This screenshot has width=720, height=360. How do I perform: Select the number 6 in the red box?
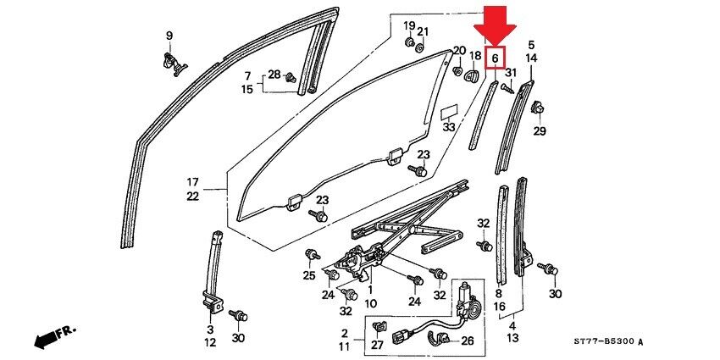[494, 57]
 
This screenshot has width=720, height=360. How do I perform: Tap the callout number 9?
[169, 36]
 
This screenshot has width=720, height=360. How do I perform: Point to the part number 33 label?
[449, 128]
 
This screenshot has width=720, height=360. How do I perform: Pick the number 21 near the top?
[423, 32]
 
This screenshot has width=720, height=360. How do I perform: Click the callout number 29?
[540, 131]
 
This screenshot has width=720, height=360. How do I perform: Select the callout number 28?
[274, 75]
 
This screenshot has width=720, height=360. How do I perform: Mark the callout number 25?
[309, 275]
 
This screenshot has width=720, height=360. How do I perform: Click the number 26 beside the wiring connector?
[466, 341]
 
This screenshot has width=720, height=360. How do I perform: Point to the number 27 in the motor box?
[378, 345]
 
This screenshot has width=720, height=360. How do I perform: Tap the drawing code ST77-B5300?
[601, 341]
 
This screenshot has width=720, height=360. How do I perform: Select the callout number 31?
[509, 74]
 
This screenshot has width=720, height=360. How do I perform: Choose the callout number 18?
[475, 56]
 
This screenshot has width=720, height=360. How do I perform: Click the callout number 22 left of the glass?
[192, 196]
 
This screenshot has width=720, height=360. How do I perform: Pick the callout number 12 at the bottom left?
[209, 342]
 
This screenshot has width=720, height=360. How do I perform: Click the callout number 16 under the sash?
[499, 306]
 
